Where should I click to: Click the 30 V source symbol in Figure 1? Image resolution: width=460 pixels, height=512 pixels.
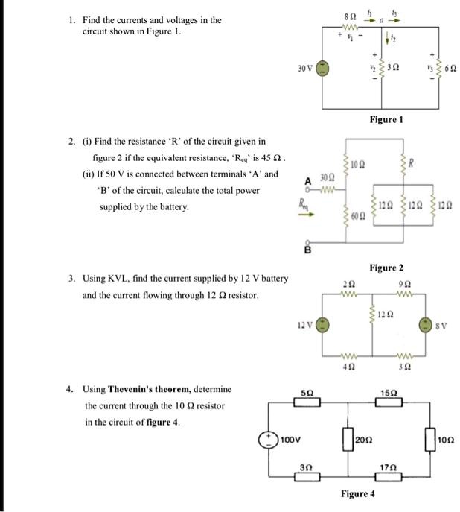tap(323, 68)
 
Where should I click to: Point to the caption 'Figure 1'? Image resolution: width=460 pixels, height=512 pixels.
tap(386, 119)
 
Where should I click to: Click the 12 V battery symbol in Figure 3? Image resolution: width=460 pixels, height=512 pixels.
tap(322, 326)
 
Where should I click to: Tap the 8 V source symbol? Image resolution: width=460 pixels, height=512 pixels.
tap(426, 325)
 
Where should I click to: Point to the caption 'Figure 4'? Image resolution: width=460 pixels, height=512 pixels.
tap(358, 494)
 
